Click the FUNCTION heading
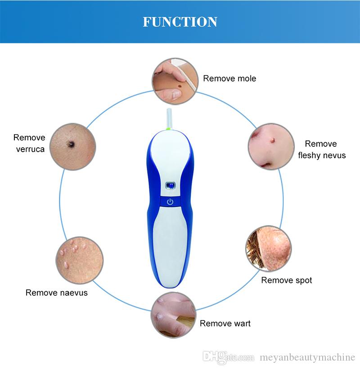coord(180,22)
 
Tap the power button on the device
coord(170,202)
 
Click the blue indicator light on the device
coord(170,185)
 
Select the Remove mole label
coord(229,78)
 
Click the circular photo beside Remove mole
coord(174,80)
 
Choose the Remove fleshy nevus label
coord(321,149)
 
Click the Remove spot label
coord(287,280)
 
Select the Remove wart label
coord(225,323)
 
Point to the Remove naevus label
coord(57,293)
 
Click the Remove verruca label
coord(29,143)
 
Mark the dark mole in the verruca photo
coord(71,144)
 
